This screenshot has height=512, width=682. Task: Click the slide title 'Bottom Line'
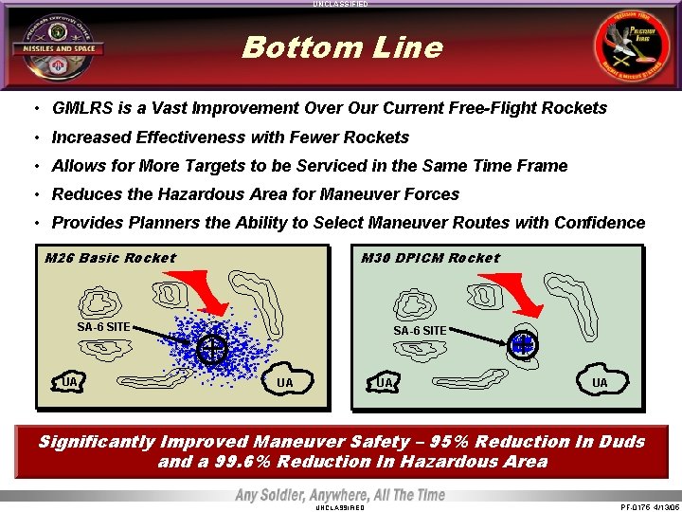click(341, 47)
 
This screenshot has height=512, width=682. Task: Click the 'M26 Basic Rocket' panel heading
click(111, 258)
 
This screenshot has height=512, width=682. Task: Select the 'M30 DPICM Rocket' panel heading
click(430, 258)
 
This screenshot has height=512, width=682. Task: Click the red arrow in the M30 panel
click(516, 295)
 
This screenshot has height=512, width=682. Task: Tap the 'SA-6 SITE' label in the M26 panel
click(103, 327)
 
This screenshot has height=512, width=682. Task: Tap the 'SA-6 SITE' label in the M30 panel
click(420, 330)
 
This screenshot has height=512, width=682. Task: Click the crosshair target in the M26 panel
click(213, 350)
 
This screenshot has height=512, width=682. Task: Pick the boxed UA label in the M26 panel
click(69, 382)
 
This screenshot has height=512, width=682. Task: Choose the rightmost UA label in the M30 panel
click(600, 383)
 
